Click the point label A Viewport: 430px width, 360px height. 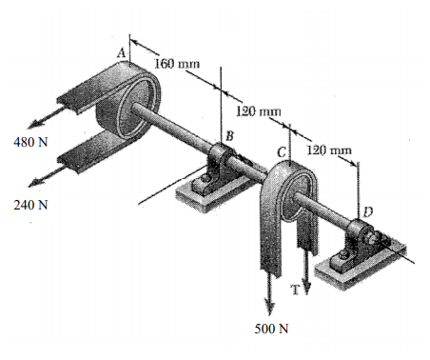coord(121,53)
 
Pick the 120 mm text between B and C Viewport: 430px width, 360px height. coord(254,112)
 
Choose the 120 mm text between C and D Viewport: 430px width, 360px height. coord(328,150)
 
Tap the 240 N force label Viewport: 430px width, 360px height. coord(30,205)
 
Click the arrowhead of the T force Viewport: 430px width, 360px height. coord(306,273)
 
